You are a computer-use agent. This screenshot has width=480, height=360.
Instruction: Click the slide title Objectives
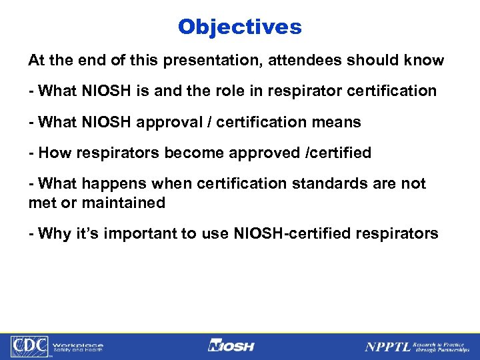click(239, 27)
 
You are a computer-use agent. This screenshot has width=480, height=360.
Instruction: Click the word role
click(221, 91)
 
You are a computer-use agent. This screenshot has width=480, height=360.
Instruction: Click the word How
click(53, 153)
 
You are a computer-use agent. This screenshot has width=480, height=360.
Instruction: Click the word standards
click(315, 183)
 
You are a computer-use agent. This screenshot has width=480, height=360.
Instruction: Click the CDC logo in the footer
click(28, 346)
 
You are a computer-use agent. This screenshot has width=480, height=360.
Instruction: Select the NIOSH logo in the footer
click(231, 346)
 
